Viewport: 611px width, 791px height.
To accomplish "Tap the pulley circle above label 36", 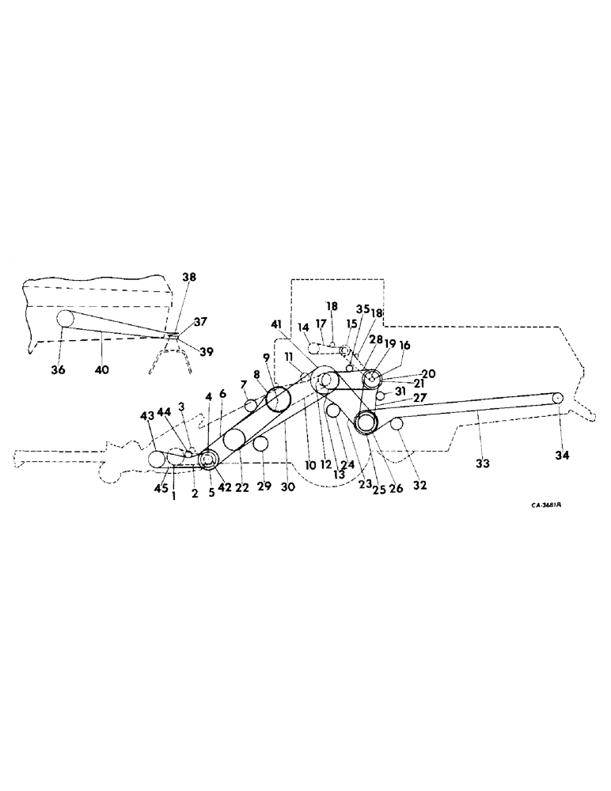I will tap(63, 319).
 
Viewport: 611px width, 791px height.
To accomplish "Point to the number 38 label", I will tap(188, 278).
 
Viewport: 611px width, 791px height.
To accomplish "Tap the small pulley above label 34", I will tap(557, 398).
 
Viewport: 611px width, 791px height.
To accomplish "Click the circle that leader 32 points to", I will tap(397, 425).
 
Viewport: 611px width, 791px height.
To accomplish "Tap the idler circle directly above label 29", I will tap(260, 444).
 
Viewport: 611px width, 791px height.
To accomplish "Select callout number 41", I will tap(275, 324).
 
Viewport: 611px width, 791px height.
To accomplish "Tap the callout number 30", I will tap(287, 487).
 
